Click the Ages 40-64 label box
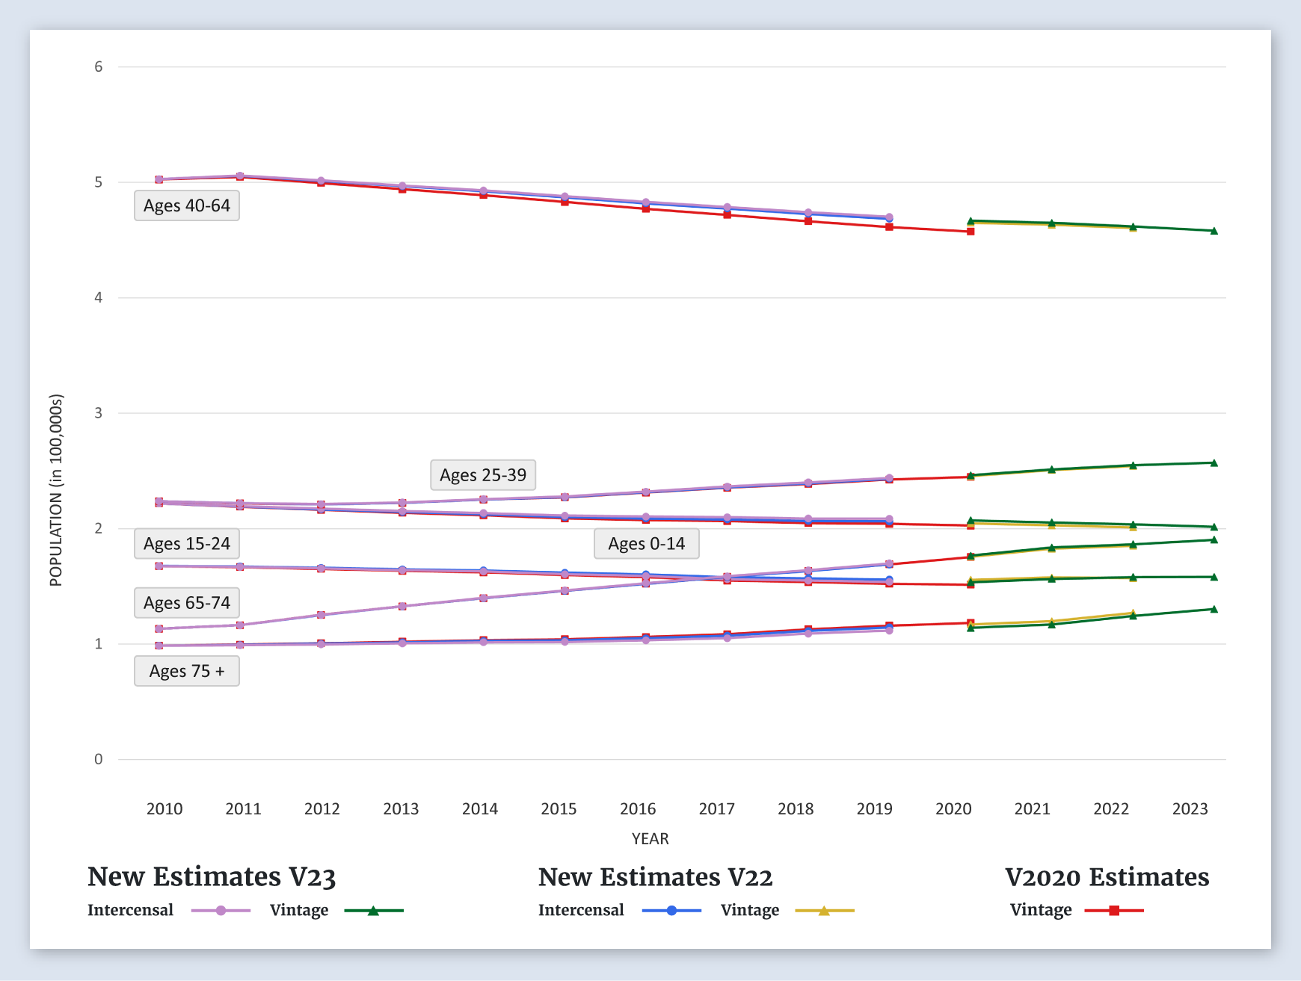187,205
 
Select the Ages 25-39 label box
483,475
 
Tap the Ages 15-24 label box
187,544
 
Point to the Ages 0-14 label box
647,544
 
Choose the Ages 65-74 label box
187,603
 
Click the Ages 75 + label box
187,671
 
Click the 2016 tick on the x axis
638,808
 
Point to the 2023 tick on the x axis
1190,808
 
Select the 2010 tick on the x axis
164,808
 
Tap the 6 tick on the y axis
99,67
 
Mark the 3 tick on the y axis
99,413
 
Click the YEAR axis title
650,839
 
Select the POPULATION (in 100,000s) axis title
56,490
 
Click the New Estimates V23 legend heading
212,876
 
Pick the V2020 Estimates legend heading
1107,876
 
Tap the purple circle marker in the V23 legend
221,911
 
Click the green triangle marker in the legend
373,911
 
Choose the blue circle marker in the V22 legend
671,911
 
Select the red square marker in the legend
1114,911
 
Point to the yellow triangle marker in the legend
824,911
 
